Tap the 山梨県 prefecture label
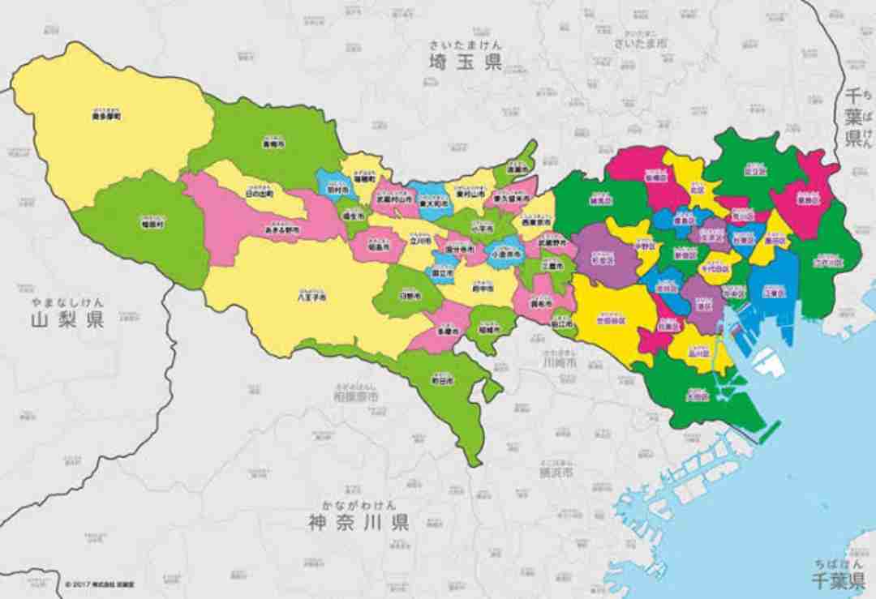(68, 319)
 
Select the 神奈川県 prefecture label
(358, 520)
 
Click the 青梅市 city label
(272, 143)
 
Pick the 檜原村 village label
(152, 223)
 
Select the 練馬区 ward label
(601, 199)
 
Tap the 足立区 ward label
(754, 172)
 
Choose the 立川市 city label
(419, 241)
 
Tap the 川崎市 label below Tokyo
(559, 362)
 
